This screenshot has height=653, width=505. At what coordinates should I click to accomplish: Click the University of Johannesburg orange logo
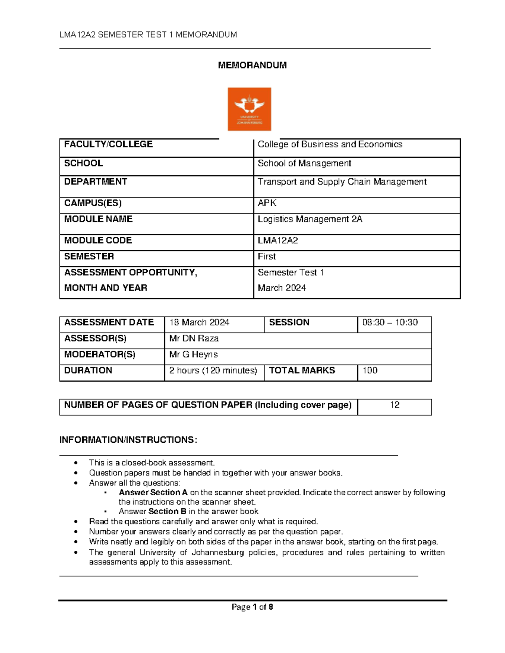point(249,109)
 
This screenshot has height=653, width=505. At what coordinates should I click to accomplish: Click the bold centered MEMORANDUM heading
point(252,65)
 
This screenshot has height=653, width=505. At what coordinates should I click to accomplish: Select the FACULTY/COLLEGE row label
point(108,144)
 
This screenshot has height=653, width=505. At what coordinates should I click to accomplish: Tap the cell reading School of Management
point(304,163)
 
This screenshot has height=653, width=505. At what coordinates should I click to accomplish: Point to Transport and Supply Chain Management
point(342,182)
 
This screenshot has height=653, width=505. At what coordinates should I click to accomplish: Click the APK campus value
point(267,203)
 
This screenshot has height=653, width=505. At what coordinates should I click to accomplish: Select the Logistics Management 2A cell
point(310,219)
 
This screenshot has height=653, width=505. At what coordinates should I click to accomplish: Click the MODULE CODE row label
point(98,241)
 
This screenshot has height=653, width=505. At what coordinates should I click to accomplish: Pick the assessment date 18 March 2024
point(199,323)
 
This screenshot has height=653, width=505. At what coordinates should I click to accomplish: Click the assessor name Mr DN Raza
point(194,338)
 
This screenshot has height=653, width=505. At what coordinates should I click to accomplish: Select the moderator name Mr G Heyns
point(193,354)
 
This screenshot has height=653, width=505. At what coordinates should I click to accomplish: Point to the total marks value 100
point(370,370)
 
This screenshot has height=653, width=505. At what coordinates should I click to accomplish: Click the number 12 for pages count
point(394,405)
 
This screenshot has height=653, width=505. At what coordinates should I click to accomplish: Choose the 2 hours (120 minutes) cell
point(213,370)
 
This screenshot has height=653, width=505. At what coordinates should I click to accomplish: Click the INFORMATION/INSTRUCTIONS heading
point(128,440)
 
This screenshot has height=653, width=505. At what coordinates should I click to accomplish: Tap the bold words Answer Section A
point(153,492)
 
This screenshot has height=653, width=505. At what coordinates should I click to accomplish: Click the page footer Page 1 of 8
point(252,607)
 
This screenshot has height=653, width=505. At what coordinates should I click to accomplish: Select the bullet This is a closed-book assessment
point(151,463)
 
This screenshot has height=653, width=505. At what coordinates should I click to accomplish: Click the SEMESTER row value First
point(267,256)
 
